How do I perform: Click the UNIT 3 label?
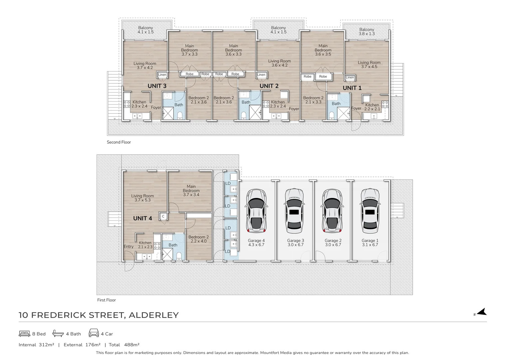(x=157, y=86)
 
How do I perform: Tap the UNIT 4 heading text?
(x=143, y=218)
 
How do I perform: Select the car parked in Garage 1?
(x=370, y=211)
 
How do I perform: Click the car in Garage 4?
(x=256, y=211)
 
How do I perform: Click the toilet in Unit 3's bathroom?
(x=180, y=116)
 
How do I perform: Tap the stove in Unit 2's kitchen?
(x=266, y=104)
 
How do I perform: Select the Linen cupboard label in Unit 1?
(x=350, y=77)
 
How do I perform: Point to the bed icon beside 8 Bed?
(x=24, y=334)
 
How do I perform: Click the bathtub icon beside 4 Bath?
(x=58, y=333)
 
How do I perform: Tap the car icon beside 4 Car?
(x=94, y=333)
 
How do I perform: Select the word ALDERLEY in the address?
(x=154, y=315)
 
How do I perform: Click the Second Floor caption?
(x=119, y=142)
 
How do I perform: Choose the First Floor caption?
(x=106, y=300)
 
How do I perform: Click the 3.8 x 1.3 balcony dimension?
(x=367, y=34)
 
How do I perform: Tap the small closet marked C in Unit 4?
(x=163, y=216)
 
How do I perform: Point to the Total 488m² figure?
(x=124, y=345)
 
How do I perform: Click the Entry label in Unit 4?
(x=129, y=247)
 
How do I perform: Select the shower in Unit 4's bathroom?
(x=167, y=254)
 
